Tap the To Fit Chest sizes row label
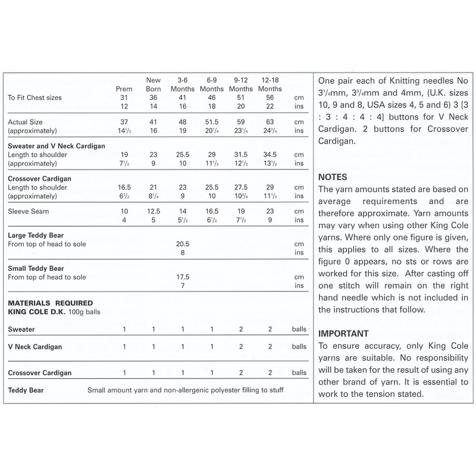35,98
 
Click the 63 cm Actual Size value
270,121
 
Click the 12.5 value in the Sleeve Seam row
153,211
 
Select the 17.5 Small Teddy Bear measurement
182,277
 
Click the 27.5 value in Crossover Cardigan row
240,187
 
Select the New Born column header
153,84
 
